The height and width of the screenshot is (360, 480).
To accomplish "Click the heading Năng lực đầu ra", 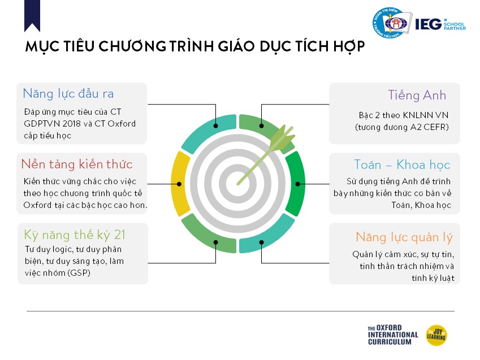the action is pyautogui.click(x=68, y=94).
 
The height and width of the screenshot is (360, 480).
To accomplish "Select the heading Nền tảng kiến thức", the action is pyautogui.click(x=77, y=164).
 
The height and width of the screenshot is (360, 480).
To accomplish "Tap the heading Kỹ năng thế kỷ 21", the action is pyautogui.click(x=75, y=235).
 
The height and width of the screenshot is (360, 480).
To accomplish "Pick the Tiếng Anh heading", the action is pyautogui.click(x=417, y=95).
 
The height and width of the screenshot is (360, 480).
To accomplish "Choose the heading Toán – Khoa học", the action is pyautogui.click(x=402, y=164).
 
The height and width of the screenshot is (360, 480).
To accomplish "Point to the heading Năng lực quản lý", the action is pyautogui.click(x=404, y=237).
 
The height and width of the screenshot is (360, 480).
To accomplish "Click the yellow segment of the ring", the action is pyautogui.click(x=180, y=184).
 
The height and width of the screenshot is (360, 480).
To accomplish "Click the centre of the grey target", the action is pyautogui.click(x=238, y=184).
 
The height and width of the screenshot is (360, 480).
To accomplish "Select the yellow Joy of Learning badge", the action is pyautogui.click(x=436, y=335).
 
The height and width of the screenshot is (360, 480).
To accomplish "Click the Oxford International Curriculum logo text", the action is pyautogui.click(x=393, y=335).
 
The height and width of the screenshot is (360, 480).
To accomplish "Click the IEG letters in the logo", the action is pyautogui.click(x=429, y=24).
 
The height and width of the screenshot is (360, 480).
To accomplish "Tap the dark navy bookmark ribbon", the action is pyautogui.click(x=32, y=15).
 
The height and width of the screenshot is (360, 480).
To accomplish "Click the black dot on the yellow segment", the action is pyautogui.click(x=179, y=184).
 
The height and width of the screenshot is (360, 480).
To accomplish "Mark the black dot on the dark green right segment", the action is pyautogui.click(x=297, y=184).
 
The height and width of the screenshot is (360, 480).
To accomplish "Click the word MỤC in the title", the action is pyautogui.click(x=42, y=47).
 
